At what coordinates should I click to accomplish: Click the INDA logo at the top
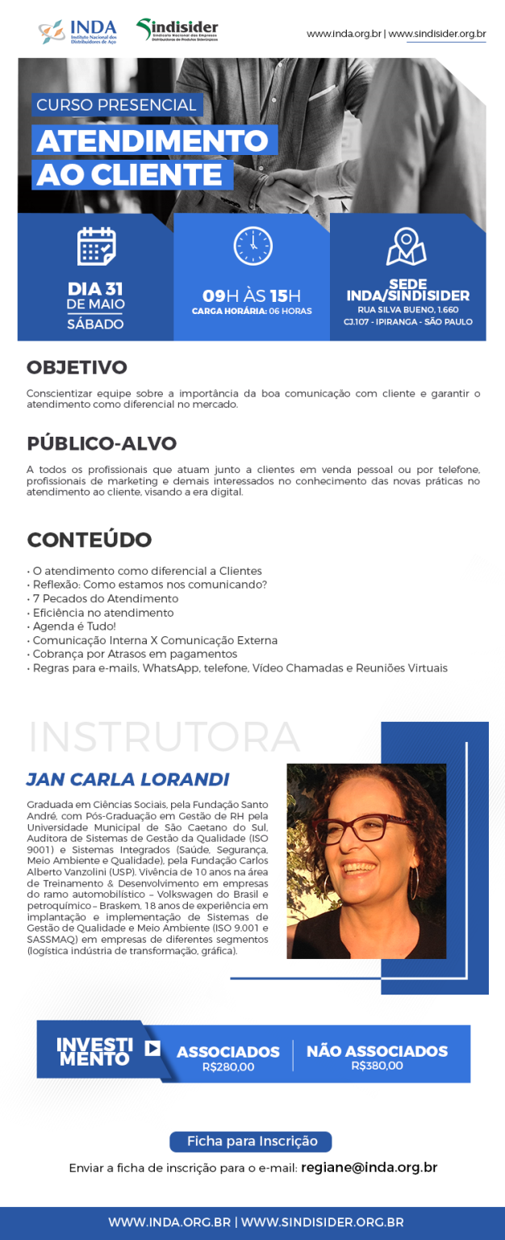pos(77,32)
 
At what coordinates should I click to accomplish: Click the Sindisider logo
pos(177,31)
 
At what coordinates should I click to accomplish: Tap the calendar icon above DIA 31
pos(97,246)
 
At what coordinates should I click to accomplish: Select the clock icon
pos(252,246)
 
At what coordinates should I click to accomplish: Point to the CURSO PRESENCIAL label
pos(117,105)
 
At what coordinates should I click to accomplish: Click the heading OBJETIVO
pos(77,367)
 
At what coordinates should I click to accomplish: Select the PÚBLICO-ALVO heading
pos(102,443)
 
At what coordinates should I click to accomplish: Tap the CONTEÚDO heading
pos(90,539)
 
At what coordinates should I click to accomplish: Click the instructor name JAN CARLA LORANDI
pos(127,779)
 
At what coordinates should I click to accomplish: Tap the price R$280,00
pos(228,1066)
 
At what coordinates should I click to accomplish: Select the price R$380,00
pos(377,1066)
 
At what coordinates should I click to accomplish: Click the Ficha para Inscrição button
pos(250,1142)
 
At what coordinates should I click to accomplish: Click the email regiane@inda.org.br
pos(369,1167)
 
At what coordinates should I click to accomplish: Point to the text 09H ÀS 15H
pos(252,295)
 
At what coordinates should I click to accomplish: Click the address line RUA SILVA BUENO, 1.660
pos(407,309)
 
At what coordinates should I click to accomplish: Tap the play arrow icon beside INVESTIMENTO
pos(152,1049)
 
